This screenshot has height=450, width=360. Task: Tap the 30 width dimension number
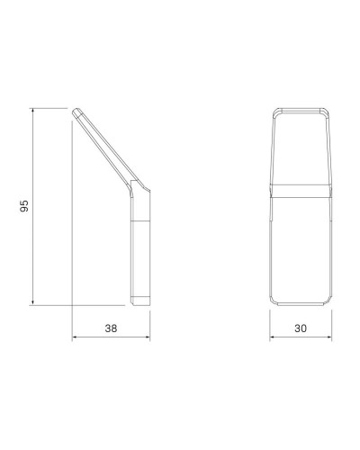(x=301, y=329)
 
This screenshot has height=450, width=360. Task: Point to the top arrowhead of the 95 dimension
(x=33, y=111)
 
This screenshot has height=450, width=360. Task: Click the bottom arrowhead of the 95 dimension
(x=33, y=304)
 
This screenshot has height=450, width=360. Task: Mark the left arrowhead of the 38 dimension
(x=74, y=339)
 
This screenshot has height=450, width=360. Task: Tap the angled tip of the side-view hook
(x=79, y=111)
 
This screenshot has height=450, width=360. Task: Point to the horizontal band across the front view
(x=301, y=190)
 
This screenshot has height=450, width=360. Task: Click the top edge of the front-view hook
(x=301, y=110)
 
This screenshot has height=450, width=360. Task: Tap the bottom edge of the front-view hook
(x=301, y=304)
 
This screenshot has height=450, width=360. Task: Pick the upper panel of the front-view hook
(x=301, y=148)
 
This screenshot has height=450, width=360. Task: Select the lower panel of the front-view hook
(x=301, y=247)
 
